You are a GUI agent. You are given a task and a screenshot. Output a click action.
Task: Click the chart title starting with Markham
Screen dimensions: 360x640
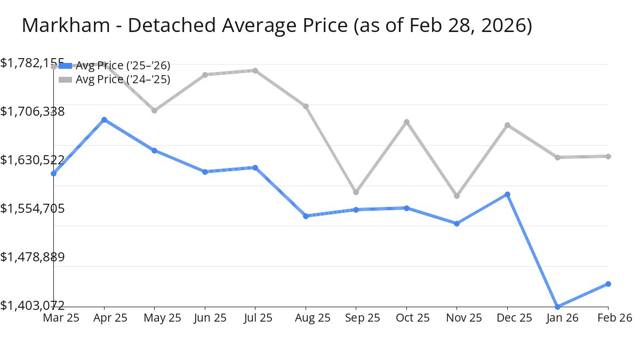pos(277,26)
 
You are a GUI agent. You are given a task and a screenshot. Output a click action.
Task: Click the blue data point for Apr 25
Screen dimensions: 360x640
pos(104,120)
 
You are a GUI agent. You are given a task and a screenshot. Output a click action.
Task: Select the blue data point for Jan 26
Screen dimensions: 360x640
pos(558,307)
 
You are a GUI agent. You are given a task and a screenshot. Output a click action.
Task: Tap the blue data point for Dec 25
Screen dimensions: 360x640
pos(508,194)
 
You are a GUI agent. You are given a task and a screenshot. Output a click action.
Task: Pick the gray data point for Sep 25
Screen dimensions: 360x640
pos(356,192)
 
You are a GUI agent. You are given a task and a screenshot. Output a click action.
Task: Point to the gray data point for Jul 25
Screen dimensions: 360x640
pos(255,70)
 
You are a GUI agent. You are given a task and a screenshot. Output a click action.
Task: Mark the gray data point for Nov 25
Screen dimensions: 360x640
pos(457,196)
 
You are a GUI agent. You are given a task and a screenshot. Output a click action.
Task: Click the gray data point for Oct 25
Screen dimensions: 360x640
pos(407,122)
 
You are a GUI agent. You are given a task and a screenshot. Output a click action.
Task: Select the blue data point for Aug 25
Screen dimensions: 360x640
pos(306,216)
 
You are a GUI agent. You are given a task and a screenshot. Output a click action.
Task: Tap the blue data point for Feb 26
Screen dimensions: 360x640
pos(609,284)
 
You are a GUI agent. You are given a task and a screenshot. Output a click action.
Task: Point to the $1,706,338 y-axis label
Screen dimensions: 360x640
pos(33,111)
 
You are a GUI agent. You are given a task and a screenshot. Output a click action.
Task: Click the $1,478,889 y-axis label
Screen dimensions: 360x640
pos(33,257)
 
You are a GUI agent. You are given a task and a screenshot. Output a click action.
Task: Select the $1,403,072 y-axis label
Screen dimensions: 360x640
pos(33,306)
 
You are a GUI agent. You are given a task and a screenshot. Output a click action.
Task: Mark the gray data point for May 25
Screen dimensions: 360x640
pos(155,110)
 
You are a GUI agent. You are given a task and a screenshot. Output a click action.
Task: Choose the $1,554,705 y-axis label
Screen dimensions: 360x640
pos(33,209)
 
